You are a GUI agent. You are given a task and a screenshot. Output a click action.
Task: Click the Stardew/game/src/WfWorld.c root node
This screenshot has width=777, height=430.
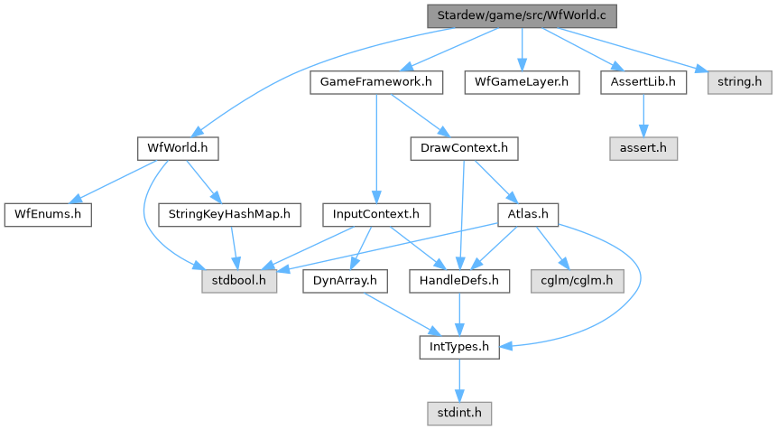(522, 15)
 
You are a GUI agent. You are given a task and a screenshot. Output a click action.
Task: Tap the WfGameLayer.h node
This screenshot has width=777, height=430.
(522, 82)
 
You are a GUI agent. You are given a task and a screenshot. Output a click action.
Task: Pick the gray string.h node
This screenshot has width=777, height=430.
(739, 82)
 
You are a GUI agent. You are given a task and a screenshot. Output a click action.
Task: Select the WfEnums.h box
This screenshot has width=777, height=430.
(48, 215)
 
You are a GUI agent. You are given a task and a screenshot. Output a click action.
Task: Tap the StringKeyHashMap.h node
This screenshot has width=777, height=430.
(228, 215)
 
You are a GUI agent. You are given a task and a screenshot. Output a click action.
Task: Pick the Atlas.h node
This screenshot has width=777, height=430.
(528, 215)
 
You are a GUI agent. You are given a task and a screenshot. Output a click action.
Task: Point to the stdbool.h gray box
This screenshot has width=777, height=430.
(238, 281)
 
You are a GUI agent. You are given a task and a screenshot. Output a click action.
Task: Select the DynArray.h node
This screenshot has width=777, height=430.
(345, 281)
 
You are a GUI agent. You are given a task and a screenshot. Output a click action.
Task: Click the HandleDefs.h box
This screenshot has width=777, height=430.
(459, 281)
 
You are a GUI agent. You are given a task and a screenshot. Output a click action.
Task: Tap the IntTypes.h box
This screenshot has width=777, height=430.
(459, 347)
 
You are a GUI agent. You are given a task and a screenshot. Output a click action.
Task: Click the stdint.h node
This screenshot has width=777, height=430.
(459, 414)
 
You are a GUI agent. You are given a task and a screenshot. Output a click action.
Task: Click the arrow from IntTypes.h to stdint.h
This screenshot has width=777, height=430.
(459, 380)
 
